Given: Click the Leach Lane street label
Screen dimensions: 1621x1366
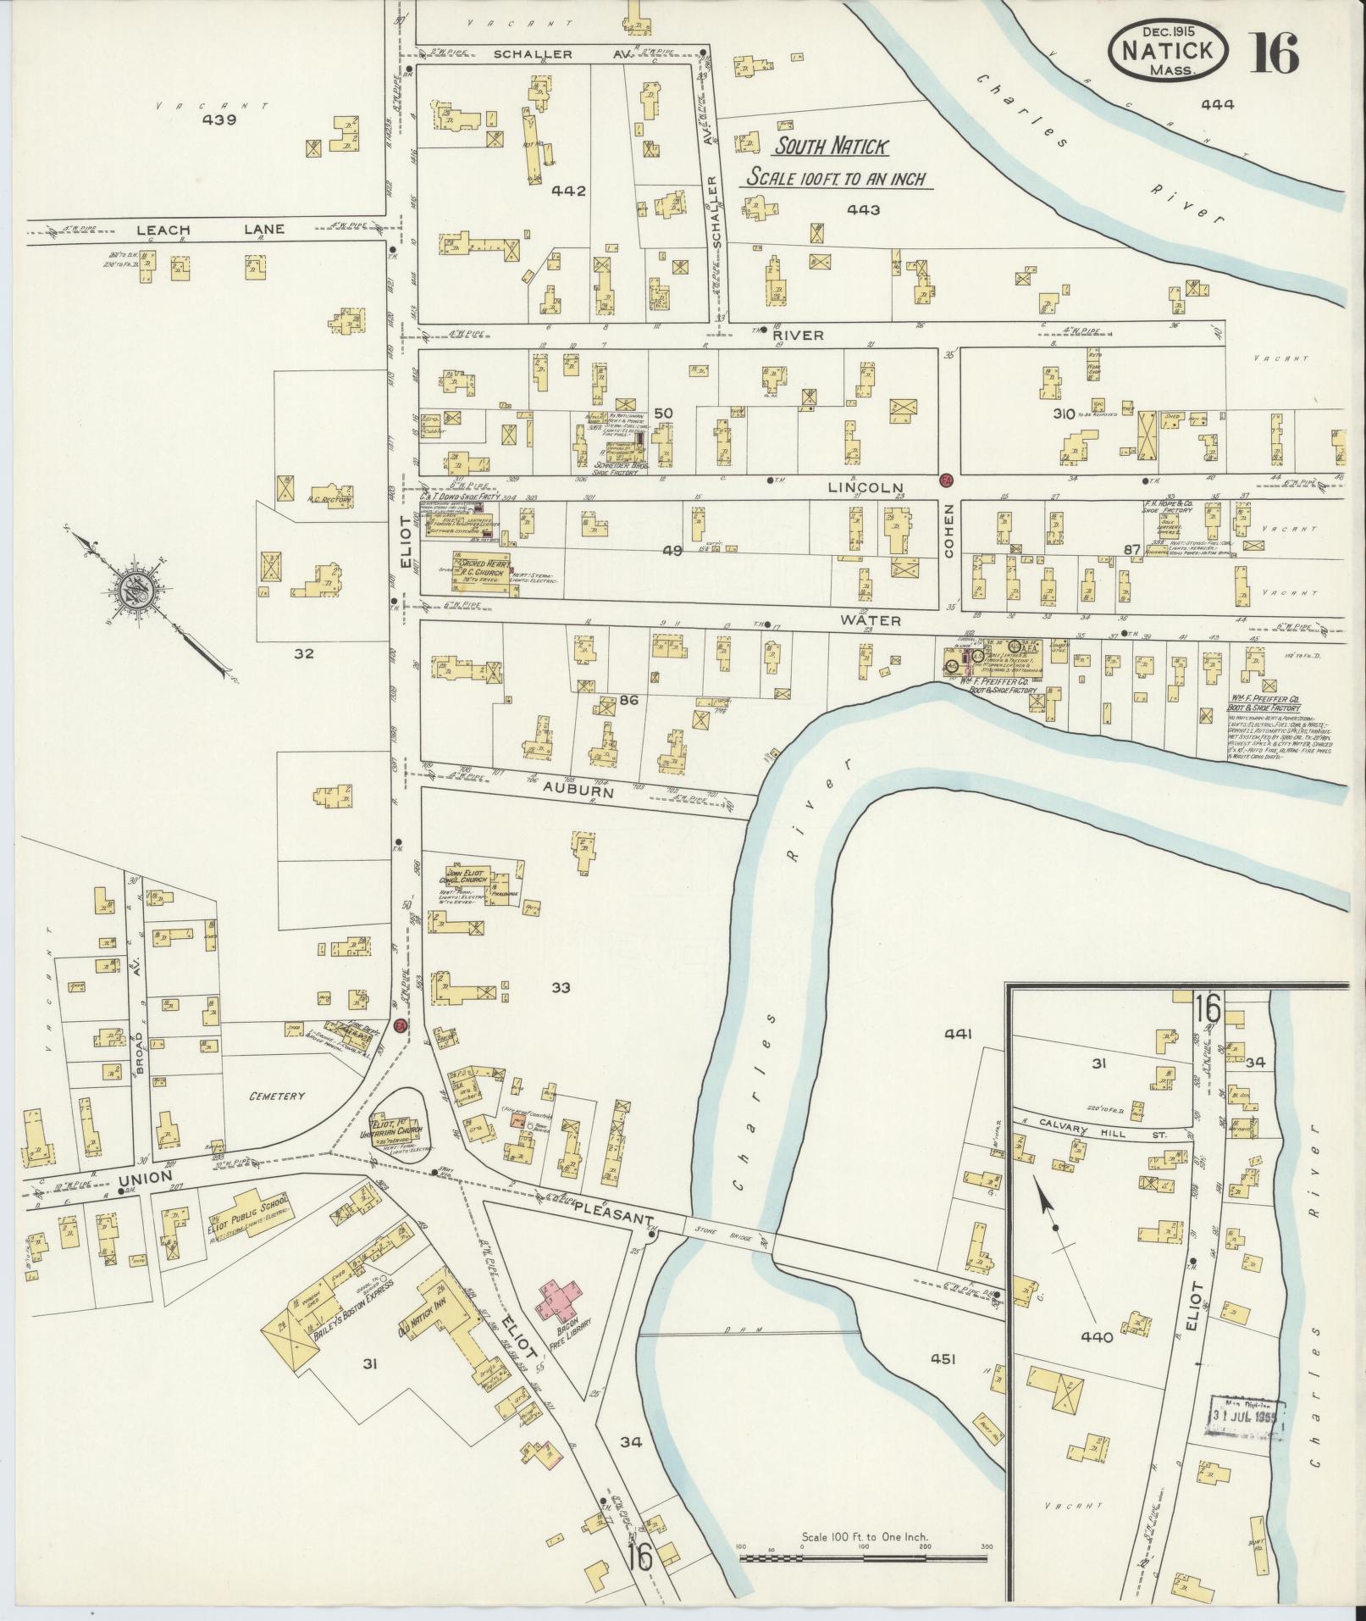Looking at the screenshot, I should pyautogui.click(x=207, y=230).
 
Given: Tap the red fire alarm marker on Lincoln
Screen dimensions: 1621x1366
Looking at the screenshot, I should pyautogui.click(x=947, y=480).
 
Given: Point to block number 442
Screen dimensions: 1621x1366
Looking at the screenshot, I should pyautogui.click(x=568, y=192).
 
